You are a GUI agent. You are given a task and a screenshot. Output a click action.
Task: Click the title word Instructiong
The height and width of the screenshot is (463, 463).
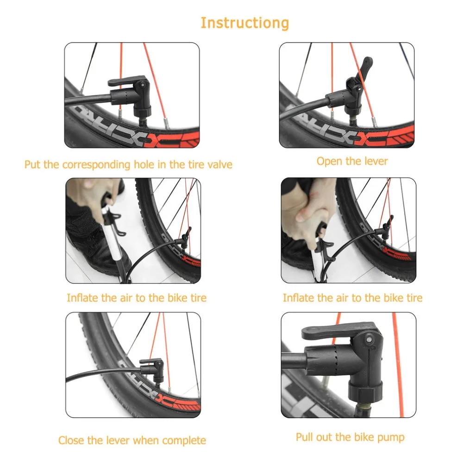[245, 23]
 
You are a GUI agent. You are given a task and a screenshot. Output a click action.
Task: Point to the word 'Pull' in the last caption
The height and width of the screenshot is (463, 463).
[305, 437]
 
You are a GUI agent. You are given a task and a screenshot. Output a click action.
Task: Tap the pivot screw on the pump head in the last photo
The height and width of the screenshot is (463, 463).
[369, 339]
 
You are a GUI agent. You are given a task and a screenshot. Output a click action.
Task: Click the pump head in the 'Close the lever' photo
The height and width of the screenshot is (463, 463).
[152, 370]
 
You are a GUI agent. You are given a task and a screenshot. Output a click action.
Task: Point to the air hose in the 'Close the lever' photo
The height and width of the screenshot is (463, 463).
[103, 372]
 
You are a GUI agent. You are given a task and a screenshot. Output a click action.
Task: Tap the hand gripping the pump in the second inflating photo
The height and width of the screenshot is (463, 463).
[310, 213]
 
